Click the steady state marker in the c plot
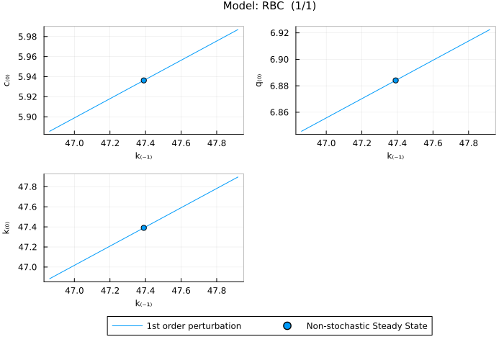coord(144,80)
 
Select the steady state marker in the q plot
coord(395,80)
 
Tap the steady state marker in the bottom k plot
coord(144,228)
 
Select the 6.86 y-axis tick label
coord(279,112)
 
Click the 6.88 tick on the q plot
coord(279,86)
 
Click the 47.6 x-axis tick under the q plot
coord(433,143)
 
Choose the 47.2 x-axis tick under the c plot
coord(110,143)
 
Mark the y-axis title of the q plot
coord(259,80)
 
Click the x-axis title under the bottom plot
coord(143,304)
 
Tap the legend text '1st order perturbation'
coord(194,326)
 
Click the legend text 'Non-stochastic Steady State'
coord(367,326)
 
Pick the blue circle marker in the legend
coord(287,326)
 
